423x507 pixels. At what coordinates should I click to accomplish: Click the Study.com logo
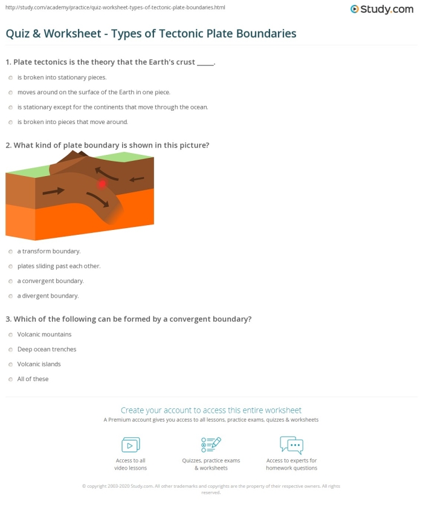pyautogui.click(x=381, y=9)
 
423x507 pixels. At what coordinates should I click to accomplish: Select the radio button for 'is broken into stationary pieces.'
pyautogui.click(x=10, y=77)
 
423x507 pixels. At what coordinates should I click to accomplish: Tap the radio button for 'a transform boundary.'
pyautogui.click(x=10, y=251)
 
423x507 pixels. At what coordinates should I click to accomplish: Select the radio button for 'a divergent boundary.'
pyautogui.click(x=10, y=296)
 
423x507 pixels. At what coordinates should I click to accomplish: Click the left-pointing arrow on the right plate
pyautogui.click(x=136, y=178)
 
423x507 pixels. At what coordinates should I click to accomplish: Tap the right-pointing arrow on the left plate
pyautogui.click(x=53, y=192)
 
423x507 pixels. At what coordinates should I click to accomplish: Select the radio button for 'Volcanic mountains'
pyautogui.click(x=10, y=335)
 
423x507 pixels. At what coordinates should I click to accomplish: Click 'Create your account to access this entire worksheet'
pyautogui.click(x=211, y=410)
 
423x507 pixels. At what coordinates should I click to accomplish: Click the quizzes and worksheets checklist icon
pyautogui.click(x=211, y=445)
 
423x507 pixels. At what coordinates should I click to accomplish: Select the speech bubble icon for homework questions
pyautogui.click(x=291, y=445)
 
